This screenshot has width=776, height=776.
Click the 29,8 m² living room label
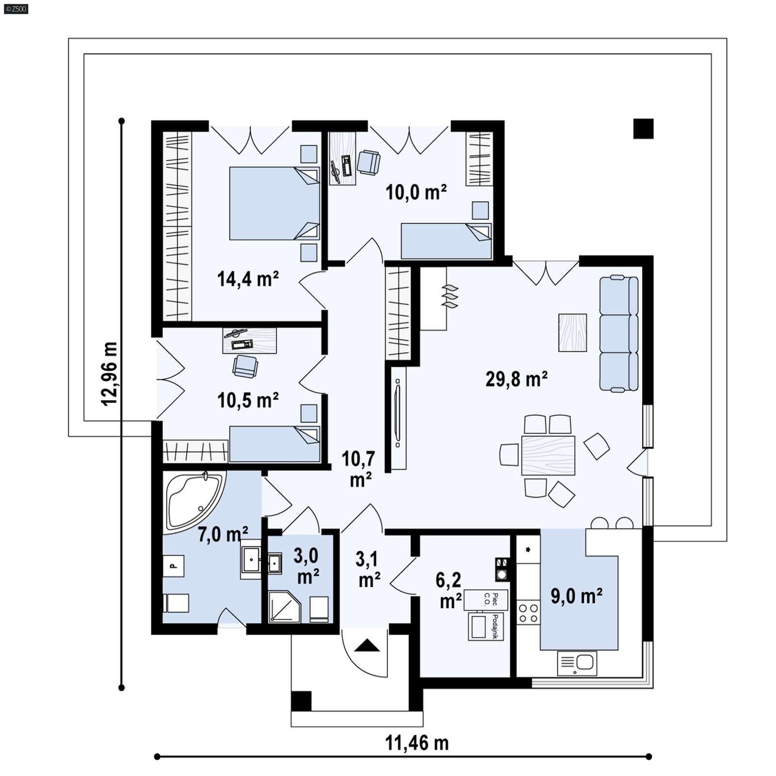coord(517,379)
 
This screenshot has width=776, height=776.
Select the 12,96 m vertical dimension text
coord(109,373)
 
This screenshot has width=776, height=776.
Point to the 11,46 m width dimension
coord(417,743)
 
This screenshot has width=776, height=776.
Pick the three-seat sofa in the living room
coord(619,333)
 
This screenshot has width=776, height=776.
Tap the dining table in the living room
coord(548,455)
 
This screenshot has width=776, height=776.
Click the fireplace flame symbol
coord(450,296)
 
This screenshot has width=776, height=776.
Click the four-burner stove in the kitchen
coord(528,613)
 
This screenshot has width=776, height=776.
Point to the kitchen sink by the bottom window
coord(577,663)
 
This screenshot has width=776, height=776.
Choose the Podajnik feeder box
coord(486,627)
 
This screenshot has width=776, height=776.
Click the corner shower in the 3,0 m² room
coord(284,606)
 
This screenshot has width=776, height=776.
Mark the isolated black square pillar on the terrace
coord(643,129)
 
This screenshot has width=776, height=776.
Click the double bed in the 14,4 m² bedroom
coord(274,203)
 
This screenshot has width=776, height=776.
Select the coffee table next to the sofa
coord(572,332)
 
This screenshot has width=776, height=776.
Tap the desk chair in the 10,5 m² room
coord(245,366)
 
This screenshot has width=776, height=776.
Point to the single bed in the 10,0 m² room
coord(446,241)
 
